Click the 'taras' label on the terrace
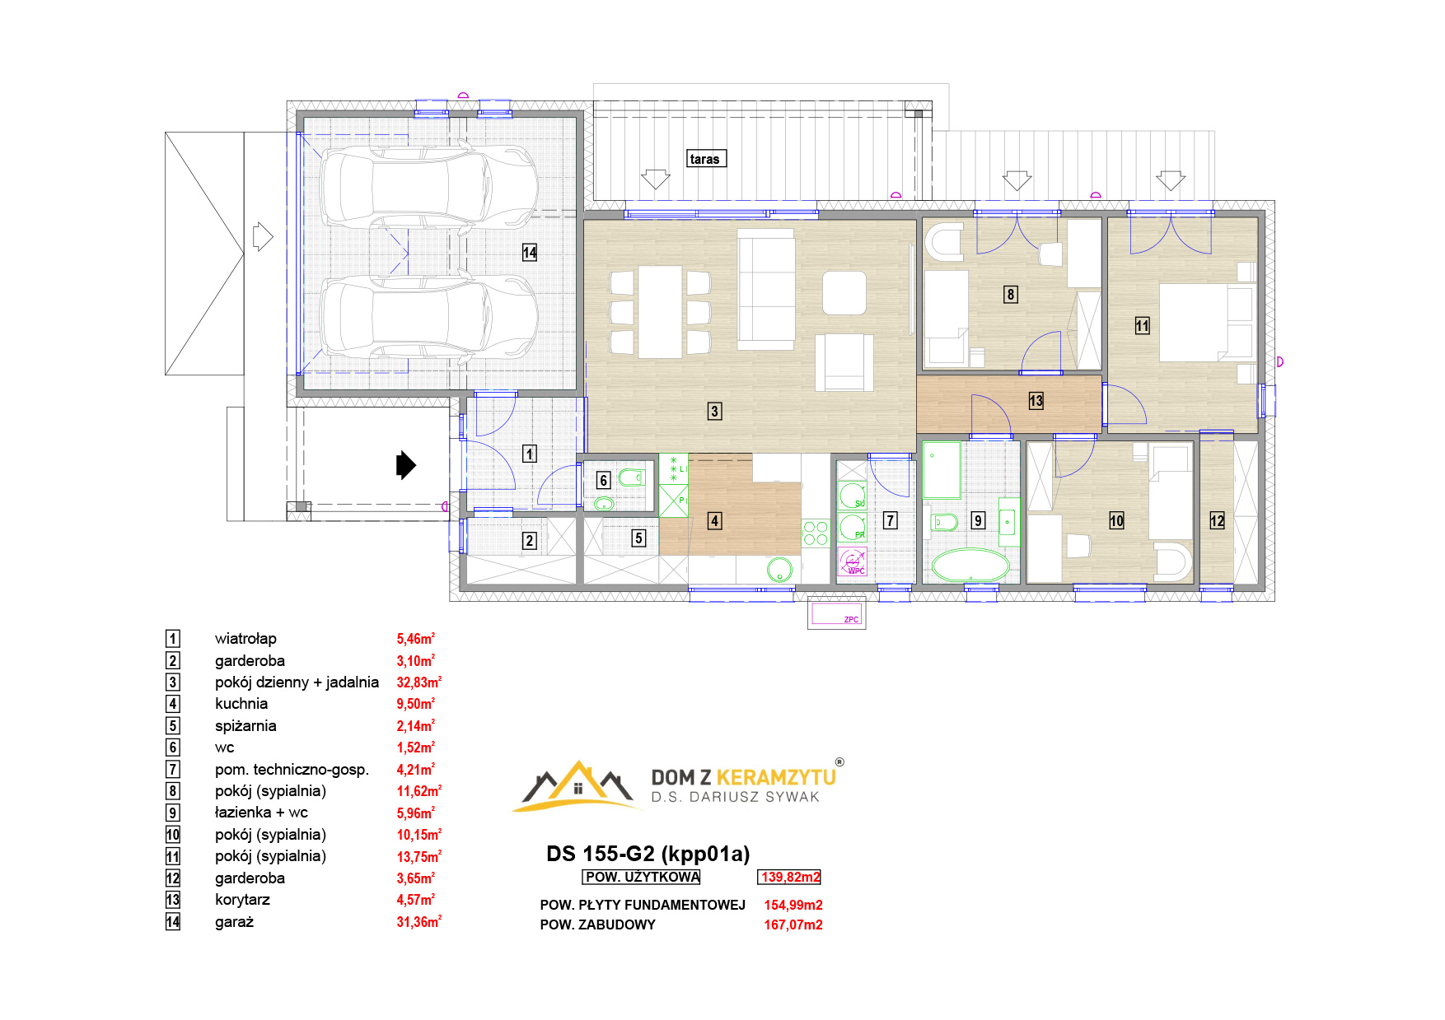704,159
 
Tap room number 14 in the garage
530,253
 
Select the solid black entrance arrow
406,465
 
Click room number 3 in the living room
714,411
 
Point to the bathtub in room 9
970,566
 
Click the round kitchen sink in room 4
779,568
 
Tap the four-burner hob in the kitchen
816,533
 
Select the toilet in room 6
630,477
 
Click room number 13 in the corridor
1036,401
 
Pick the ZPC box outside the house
836,614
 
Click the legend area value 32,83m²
419,682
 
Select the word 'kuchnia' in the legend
241,704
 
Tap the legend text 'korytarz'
242,900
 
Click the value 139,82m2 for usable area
790,878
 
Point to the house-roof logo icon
578,785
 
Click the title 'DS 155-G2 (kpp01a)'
648,854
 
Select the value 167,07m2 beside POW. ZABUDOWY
793,925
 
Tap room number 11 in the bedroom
1142,326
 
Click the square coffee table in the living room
844,293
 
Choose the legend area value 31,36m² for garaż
419,922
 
